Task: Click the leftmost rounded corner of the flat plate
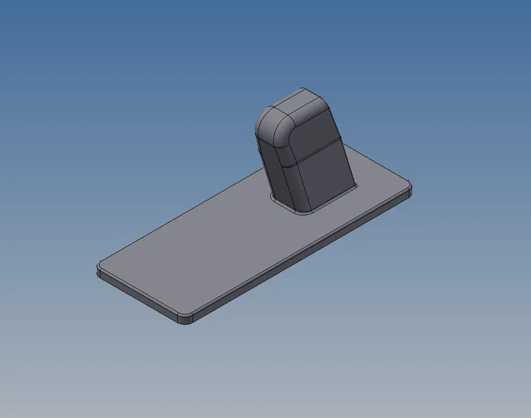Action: [x=99, y=268]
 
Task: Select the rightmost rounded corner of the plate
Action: [x=408, y=187]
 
